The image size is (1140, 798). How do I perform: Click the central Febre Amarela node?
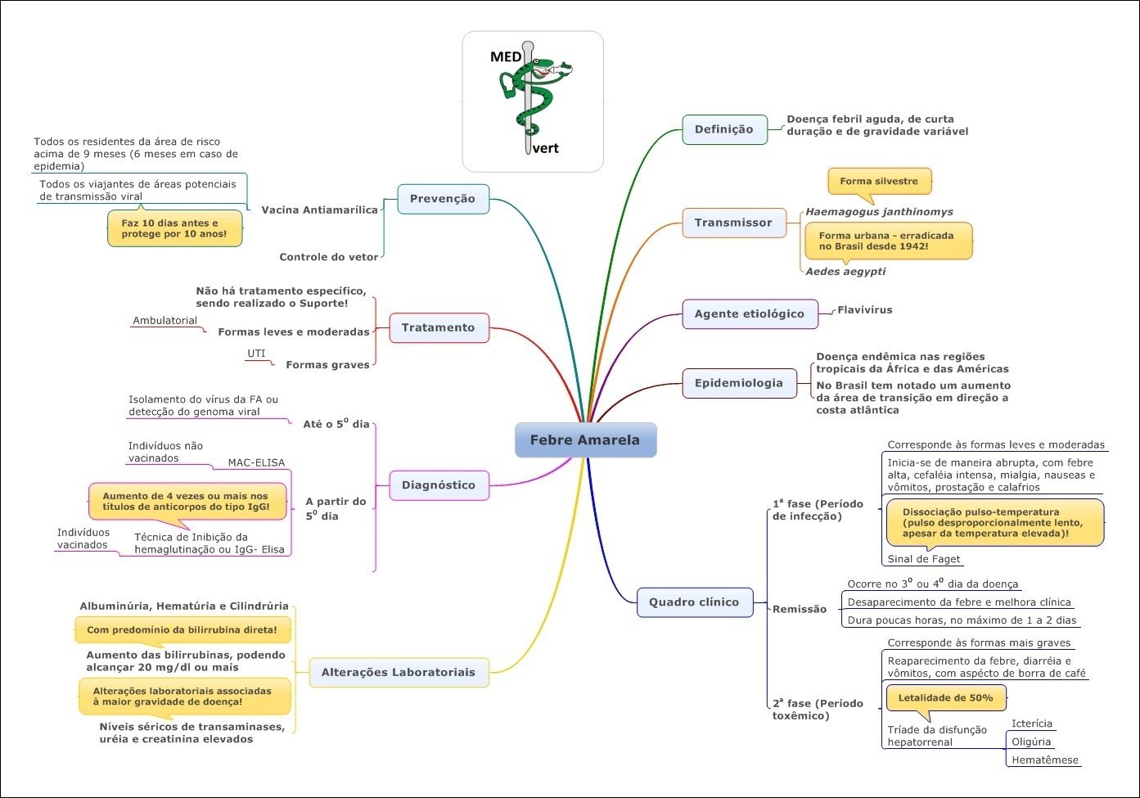click(585, 440)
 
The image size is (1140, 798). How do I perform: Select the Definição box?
click(724, 129)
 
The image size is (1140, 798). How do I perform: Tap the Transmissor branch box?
click(733, 223)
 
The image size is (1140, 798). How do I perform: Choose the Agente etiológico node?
click(750, 313)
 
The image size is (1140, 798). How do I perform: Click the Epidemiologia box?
click(739, 383)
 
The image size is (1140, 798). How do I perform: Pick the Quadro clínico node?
click(694, 602)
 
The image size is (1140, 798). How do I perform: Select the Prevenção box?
click(443, 199)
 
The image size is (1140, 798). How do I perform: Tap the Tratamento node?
click(439, 327)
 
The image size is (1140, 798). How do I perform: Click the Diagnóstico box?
click(439, 485)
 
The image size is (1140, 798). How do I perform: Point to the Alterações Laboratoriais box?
click(399, 672)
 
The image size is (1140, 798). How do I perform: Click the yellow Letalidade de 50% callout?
click(946, 698)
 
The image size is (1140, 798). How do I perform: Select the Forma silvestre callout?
click(879, 182)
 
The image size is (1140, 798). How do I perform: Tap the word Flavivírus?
click(865, 310)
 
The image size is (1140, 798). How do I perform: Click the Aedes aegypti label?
click(845, 272)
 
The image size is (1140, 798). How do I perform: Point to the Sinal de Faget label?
click(924, 559)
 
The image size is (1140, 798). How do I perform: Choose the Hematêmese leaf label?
click(1045, 760)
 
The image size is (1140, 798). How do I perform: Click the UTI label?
click(256, 354)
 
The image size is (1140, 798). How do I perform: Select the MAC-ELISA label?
click(256, 462)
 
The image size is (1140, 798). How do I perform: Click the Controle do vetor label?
click(329, 257)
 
